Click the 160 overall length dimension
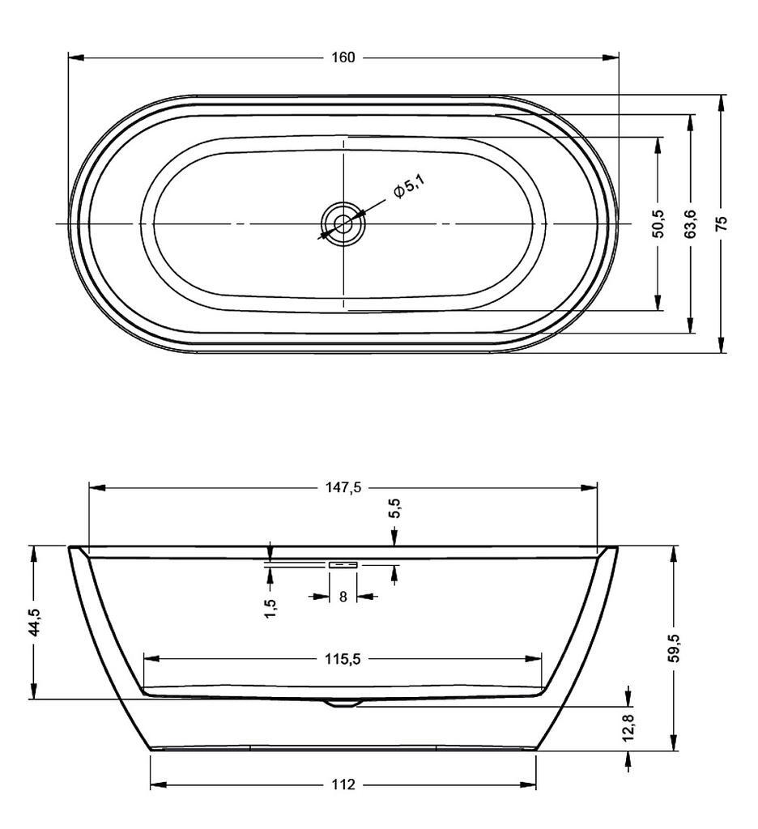pyautogui.click(x=343, y=57)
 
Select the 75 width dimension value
pyautogui.click(x=722, y=223)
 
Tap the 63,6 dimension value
pyautogui.click(x=690, y=223)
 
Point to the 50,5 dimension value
pyautogui.click(x=658, y=223)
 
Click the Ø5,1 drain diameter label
pyautogui.click(x=408, y=189)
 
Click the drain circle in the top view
pyautogui.click(x=343, y=223)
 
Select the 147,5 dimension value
pyautogui.click(x=343, y=487)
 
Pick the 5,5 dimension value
pyautogui.click(x=394, y=509)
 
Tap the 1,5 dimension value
pyautogui.click(x=270, y=608)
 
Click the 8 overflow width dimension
pyautogui.click(x=343, y=597)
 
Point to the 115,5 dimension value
pyautogui.click(x=343, y=659)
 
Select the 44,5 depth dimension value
pyautogui.click(x=34, y=623)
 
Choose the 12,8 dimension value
pyautogui.click(x=629, y=727)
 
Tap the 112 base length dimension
pyautogui.click(x=343, y=784)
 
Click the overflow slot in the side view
pyautogui.click(x=343, y=564)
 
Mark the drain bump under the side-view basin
pyautogui.click(x=343, y=703)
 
